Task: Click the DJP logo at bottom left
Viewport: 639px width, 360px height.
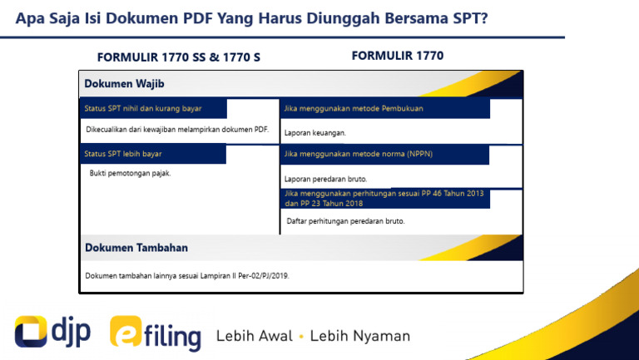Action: tap(52, 333)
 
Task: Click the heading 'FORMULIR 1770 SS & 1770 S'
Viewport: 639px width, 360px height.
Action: tap(173, 58)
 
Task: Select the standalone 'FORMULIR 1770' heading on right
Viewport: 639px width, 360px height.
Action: tap(398, 56)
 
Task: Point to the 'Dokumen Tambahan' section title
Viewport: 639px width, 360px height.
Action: tap(136, 248)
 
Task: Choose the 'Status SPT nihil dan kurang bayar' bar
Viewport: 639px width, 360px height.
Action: tap(143, 109)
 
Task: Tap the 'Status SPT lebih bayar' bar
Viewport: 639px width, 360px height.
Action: tap(123, 154)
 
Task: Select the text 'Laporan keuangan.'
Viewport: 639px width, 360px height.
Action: tap(315, 133)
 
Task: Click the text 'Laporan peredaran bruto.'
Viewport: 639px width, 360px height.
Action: tap(325, 179)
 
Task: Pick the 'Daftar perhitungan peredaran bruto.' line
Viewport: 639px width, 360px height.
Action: tap(345, 221)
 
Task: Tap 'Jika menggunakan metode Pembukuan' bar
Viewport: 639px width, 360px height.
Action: tap(354, 109)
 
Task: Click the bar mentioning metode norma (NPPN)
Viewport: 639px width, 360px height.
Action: tap(358, 154)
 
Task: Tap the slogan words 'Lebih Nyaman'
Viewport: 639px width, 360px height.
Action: tap(360, 336)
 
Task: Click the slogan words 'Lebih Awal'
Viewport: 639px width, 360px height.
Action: tap(254, 336)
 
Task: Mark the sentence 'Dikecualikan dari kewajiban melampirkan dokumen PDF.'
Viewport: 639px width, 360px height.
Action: tap(177, 130)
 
